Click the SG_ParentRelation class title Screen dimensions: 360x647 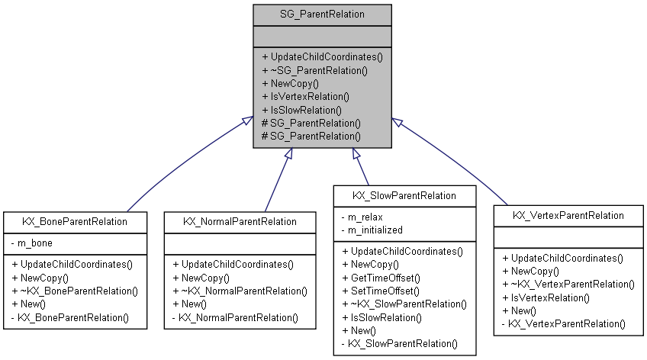click(323, 14)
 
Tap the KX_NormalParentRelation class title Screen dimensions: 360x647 click(240, 221)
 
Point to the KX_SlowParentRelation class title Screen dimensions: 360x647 click(404, 195)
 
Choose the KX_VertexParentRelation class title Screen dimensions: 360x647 click(568, 215)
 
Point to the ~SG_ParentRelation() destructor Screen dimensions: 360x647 click(314, 70)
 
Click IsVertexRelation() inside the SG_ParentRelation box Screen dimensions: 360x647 click(305, 96)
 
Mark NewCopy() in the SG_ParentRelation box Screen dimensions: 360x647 click(290, 83)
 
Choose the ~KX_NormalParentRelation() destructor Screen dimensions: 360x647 click(240, 291)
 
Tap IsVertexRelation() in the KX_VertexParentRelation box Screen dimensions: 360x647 click(546, 297)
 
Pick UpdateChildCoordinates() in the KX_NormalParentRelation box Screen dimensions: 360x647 click(233, 264)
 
